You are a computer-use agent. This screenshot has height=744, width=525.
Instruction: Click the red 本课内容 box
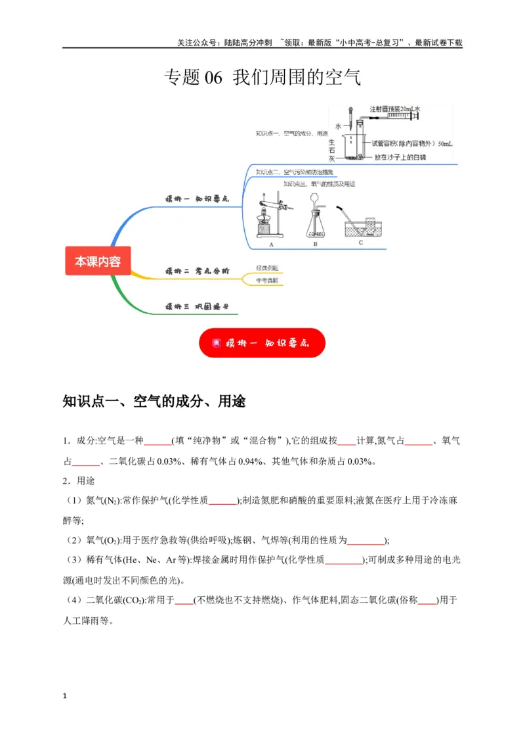[97, 261]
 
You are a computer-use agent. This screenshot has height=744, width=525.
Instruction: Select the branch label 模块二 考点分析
[196, 271]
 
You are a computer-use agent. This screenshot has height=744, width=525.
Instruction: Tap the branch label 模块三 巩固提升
[196, 307]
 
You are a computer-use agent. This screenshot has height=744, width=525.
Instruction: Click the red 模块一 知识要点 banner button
[262, 342]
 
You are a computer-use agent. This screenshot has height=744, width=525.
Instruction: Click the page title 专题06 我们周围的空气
[262, 78]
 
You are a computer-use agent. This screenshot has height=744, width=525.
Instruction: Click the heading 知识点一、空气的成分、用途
[154, 401]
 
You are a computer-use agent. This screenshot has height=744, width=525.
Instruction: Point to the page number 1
[64, 695]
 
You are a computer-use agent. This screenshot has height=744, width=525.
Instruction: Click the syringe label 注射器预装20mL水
[394, 108]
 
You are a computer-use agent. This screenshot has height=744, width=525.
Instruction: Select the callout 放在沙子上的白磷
[400, 158]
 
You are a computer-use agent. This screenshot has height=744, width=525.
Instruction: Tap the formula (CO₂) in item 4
[132, 599]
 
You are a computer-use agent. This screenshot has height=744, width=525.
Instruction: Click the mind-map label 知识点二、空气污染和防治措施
[295, 172]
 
